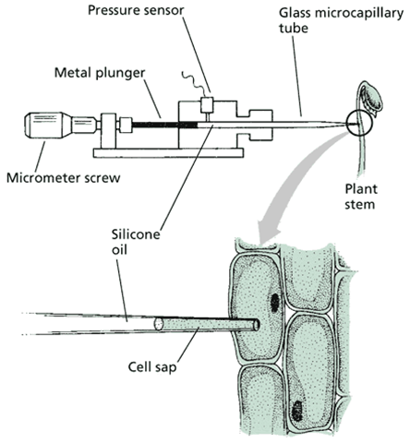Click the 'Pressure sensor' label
[136, 10]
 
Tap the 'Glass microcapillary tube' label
[341, 20]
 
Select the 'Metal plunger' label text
[100, 73]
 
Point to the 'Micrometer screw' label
[64, 178]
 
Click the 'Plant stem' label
[360, 197]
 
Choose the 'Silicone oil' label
[136, 242]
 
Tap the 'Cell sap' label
[152, 367]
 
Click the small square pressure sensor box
[207, 105]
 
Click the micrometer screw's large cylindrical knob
[47, 125]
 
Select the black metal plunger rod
[164, 125]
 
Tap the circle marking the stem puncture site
[359, 123]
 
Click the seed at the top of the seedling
[372, 99]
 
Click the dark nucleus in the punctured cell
[274, 302]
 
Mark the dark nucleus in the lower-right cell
[296, 411]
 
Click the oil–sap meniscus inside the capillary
[158, 324]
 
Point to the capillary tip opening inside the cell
[257, 325]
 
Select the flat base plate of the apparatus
[169, 153]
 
